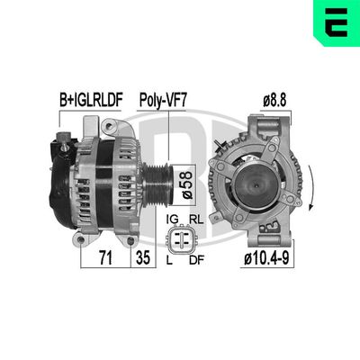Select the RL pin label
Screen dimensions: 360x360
195,219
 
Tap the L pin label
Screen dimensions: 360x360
170,262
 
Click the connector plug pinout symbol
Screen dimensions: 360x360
184,240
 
